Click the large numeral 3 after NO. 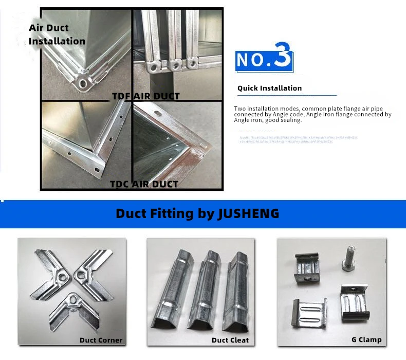pyautogui.click(x=283, y=58)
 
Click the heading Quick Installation pyautogui.click(x=269, y=88)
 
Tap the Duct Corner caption pyautogui.click(x=101, y=340)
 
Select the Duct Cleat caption pyautogui.click(x=230, y=340)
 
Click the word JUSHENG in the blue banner pyautogui.click(x=248, y=213)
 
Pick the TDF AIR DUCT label pyautogui.click(x=146, y=96)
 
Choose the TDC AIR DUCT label pyautogui.click(x=144, y=184)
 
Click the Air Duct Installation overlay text pyautogui.click(x=57, y=34)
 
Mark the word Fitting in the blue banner pyautogui.click(x=168, y=213)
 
